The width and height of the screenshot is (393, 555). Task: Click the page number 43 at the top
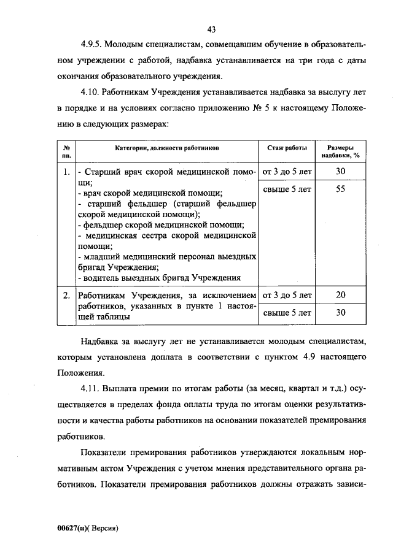(x=212, y=29)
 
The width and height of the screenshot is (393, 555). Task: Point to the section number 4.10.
(x=90, y=93)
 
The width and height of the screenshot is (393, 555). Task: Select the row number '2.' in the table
(x=66, y=296)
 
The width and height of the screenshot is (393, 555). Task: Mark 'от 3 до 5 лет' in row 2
(x=287, y=296)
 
